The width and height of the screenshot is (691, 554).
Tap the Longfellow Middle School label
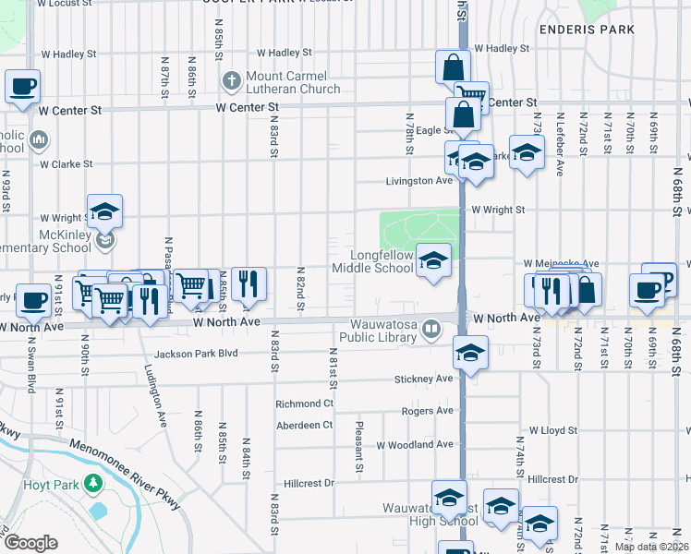(382, 261)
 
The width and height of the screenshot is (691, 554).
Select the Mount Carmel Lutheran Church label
(293, 83)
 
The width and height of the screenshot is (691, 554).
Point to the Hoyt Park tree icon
(92, 483)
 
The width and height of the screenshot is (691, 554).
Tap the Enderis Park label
(600, 30)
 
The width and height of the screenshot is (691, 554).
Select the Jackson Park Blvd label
(196, 354)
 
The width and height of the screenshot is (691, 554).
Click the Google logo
(30, 543)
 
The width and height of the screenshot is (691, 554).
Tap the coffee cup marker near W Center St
(23, 88)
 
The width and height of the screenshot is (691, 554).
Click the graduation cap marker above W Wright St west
(105, 211)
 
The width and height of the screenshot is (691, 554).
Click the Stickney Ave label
(423, 379)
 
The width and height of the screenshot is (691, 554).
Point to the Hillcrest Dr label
(553, 479)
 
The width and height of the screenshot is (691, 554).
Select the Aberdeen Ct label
(304, 426)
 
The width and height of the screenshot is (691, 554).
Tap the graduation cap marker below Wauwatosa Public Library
(471, 353)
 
